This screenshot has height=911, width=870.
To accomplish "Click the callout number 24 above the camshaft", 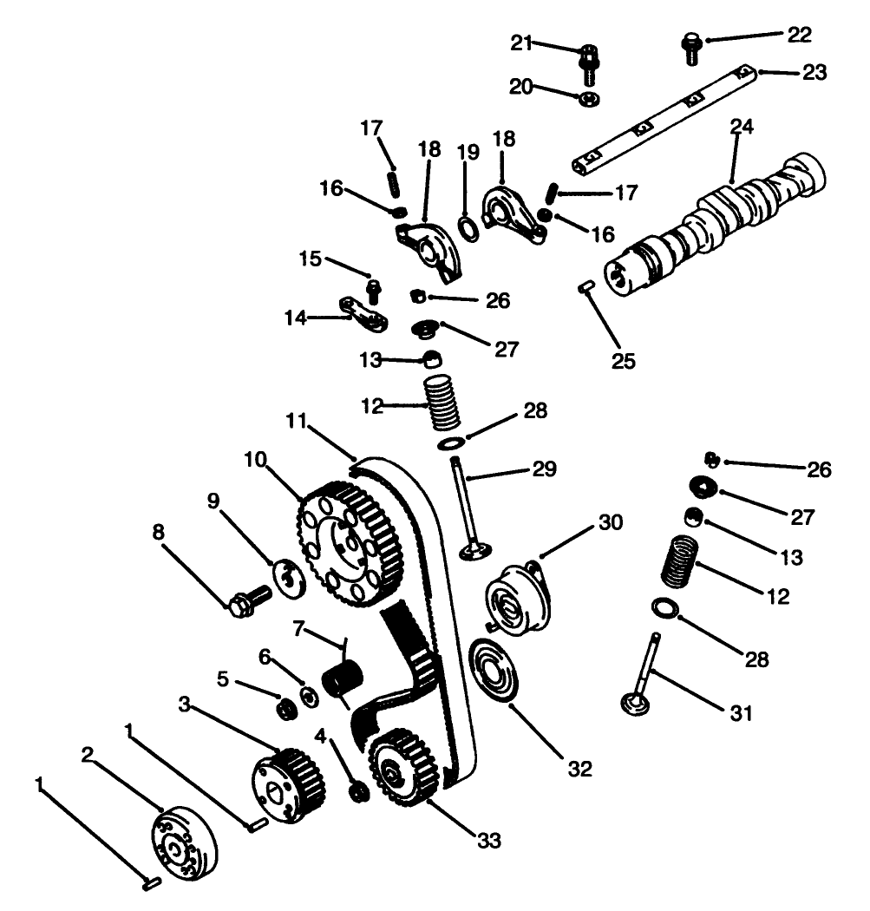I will [741, 127].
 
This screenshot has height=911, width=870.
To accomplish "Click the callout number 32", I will [579, 769].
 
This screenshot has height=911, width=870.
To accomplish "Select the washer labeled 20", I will [589, 96].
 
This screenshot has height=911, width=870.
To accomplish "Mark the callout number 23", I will [814, 73].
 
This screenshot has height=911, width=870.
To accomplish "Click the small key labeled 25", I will [585, 287].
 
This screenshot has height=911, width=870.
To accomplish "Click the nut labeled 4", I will [357, 791].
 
